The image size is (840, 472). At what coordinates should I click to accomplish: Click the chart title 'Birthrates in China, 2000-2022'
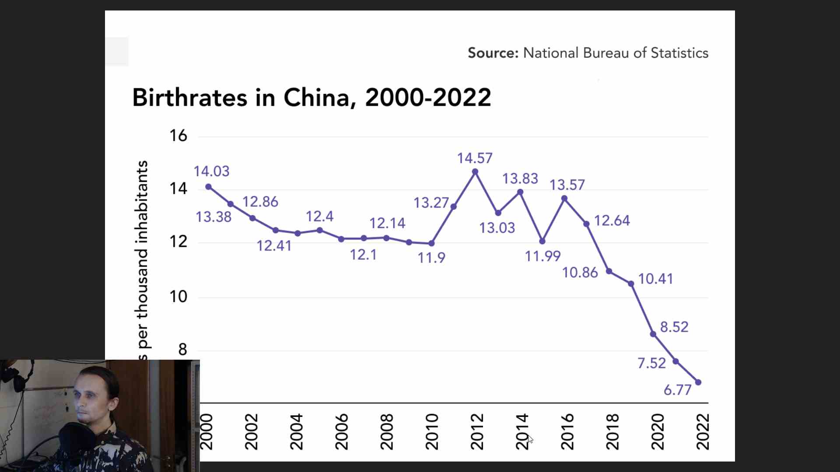tap(311, 97)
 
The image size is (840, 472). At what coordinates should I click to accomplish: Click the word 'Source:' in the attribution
tap(493, 53)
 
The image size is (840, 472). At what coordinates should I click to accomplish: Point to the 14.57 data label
tap(475, 158)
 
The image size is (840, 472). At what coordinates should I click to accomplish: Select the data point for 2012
tap(475, 172)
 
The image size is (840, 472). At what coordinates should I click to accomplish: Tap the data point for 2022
tap(698, 382)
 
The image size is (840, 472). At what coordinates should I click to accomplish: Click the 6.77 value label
tap(677, 389)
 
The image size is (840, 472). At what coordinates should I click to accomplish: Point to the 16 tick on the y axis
tap(178, 135)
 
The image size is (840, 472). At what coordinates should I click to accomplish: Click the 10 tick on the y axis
tap(178, 297)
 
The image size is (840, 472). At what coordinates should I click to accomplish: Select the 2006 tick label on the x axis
tap(341, 432)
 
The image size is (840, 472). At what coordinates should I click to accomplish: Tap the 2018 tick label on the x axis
tap(612, 432)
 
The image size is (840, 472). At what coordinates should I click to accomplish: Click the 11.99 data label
tap(542, 256)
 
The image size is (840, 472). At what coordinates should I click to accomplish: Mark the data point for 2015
tap(542, 241)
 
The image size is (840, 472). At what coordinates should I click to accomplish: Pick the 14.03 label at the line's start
tap(211, 171)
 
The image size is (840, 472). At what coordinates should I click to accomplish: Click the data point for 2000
tap(208, 187)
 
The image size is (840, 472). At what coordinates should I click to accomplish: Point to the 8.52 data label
tap(674, 326)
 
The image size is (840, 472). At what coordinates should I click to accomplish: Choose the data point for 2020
tap(653, 334)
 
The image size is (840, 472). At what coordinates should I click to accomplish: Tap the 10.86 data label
tap(580, 272)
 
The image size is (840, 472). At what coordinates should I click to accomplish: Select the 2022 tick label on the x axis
tap(702, 432)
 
